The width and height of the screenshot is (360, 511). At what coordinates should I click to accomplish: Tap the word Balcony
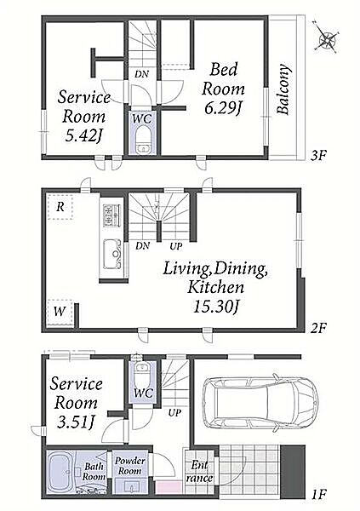[283, 89]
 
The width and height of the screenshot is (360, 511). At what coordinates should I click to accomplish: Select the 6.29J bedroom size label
[223, 108]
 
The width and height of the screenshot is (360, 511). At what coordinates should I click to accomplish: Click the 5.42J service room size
[83, 136]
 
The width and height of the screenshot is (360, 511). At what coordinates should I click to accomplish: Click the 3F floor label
[317, 155]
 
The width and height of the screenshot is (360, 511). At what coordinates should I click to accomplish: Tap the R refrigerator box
[60, 207]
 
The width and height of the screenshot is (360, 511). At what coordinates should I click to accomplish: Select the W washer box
[60, 312]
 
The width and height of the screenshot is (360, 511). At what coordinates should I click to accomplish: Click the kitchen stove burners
[111, 215]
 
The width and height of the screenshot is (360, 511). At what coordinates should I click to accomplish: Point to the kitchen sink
[112, 254]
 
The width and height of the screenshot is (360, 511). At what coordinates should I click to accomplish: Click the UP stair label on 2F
[175, 246]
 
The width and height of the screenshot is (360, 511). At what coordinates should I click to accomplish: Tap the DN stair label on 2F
[142, 246]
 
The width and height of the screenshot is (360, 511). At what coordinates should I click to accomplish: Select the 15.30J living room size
[216, 307]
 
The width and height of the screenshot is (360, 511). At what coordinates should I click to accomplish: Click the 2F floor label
[317, 328]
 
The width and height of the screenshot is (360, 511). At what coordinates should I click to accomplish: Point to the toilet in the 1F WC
[142, 374]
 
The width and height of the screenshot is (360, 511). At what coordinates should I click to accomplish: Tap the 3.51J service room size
[76, 422]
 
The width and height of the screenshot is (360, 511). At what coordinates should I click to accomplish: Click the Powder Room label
[129, 466]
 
